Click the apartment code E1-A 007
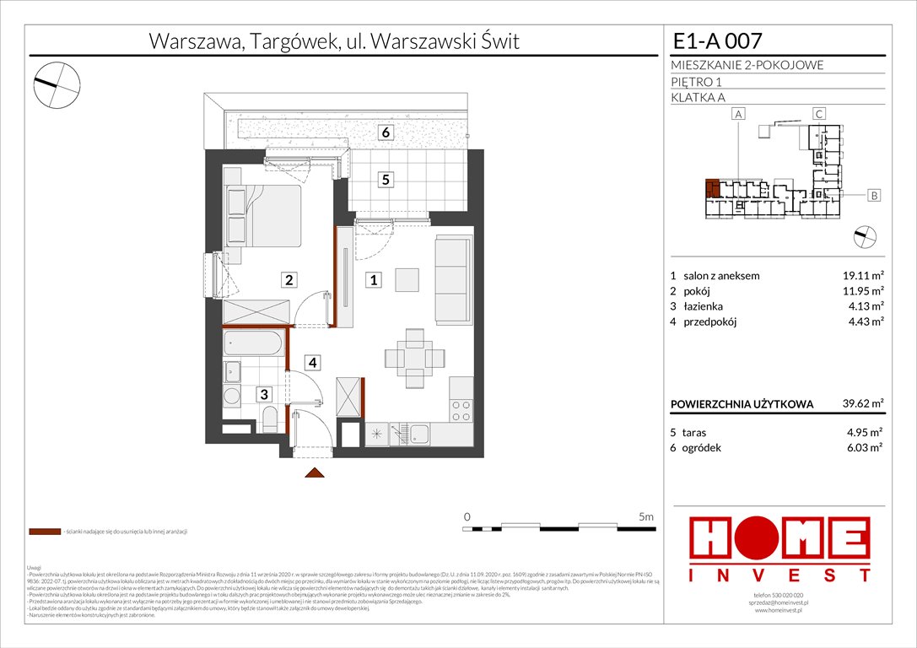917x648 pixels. tap(718, 40)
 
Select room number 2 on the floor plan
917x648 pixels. tap(289, 280)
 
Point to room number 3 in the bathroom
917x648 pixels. tap(264, 394)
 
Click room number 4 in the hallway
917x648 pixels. tap(313, 363)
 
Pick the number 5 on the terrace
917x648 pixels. tap(385, 179)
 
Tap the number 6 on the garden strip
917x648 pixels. tap(385, 132)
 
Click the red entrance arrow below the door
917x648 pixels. tap(314, 473)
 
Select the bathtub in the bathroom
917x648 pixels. tap(256, 344)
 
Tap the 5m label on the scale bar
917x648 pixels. tap(645, 516)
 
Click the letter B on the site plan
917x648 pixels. tap(874, 196)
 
